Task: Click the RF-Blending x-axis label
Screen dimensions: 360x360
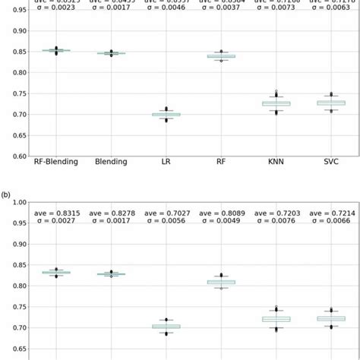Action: pos(58,161)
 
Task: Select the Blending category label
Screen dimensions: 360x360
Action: pos(112,161)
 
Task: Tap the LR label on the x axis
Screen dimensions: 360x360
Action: pos(166,161)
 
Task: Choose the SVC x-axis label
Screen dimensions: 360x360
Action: pos(330,161)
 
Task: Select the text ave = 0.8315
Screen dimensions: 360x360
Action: pos(58,215)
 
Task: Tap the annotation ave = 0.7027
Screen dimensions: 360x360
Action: pos(166,215)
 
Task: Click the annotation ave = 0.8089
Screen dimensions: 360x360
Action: pos(221,215)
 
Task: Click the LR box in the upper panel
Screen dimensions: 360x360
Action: pos(166,115)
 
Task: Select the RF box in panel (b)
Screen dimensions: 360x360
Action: pos(221,282)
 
